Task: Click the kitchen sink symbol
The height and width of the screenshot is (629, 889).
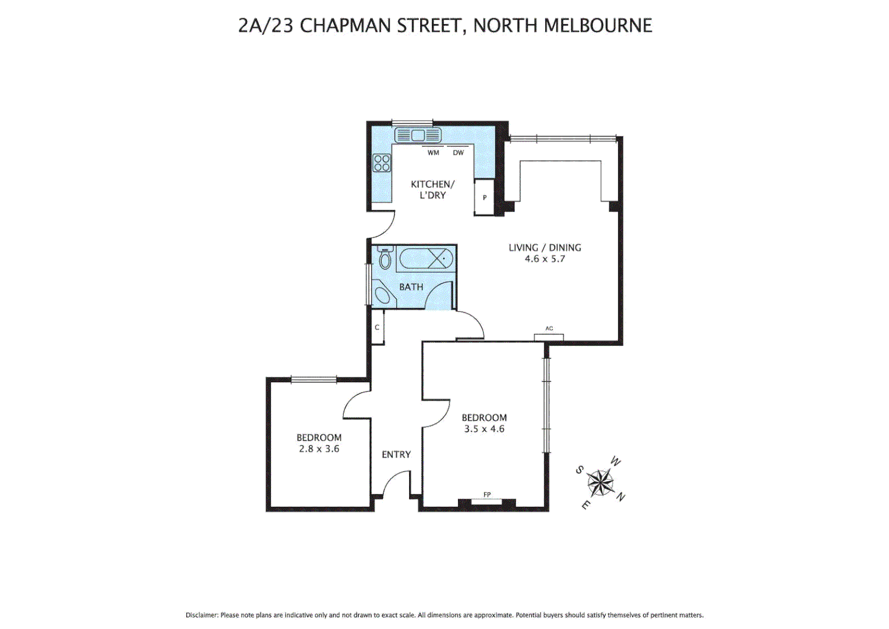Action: [418, 136]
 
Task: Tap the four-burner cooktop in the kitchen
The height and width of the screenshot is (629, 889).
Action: [382, 163]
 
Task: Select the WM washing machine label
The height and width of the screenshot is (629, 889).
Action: [433, 153]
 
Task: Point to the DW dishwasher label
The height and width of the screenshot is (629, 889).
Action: [458, 153]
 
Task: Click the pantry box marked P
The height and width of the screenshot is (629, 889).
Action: [484, 198]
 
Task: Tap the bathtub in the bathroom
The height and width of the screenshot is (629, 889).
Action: [425, 258]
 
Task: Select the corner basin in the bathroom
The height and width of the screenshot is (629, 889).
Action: [383, 295]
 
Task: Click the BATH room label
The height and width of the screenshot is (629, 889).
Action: [411, 287]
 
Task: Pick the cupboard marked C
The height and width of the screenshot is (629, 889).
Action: [377, 327]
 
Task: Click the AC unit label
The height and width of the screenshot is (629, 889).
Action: [549, 328]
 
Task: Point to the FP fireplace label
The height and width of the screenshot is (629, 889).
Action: [487, 495]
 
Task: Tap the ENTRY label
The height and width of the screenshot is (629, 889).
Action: [396, 454]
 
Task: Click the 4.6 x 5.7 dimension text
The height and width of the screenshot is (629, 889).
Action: [545, 259]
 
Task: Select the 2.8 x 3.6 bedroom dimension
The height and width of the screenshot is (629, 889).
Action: [319, 449]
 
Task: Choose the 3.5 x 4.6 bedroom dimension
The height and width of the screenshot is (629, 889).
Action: [484, 429]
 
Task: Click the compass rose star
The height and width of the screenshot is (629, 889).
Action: [600, 482]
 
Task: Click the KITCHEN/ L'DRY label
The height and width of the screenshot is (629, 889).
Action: [432, 189]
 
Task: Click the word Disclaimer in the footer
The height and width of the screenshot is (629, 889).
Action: [201, 615]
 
